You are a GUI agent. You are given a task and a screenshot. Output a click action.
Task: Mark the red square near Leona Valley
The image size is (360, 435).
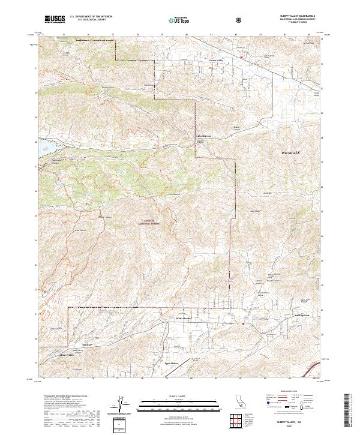tap(241, 58)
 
